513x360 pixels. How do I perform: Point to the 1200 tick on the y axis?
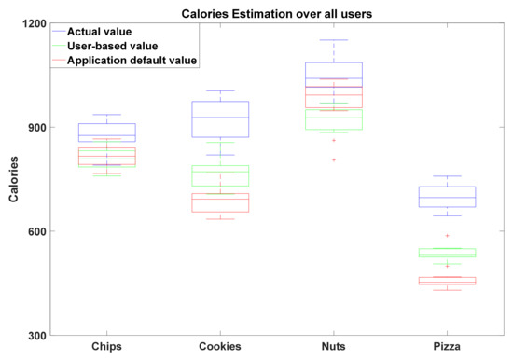pyautogui.click(x=38, y=23)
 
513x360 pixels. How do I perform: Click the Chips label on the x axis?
pyautogui.click(x=107, y=347)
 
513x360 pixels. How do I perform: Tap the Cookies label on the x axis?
pyautogui.click(x=220, y=347)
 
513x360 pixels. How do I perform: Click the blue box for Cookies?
pyautogui.click(x=220, y=118)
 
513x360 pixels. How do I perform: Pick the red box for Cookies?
pyautogui.click(x=220, y=202)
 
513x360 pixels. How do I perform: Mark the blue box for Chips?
pyautogui.click(x=107, y=132)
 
